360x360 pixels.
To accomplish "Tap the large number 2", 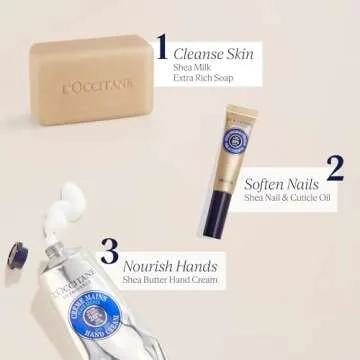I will click(335, 168).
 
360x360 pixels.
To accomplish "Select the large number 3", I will click(109, 251).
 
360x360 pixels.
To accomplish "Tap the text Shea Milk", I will click(190, 67).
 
